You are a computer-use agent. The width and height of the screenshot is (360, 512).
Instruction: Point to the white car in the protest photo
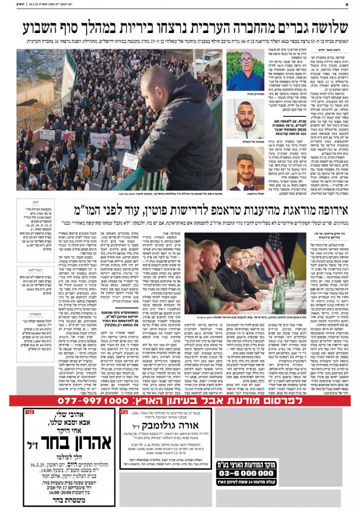208,60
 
